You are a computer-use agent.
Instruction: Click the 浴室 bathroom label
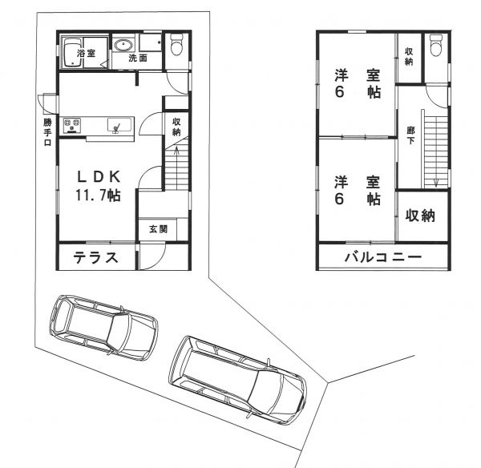(x=86, y=53)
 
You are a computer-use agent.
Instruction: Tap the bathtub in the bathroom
(x=72, y=52)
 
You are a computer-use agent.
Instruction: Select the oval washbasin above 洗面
(x=123, y=46)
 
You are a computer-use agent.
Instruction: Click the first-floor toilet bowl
(x=176, y=45)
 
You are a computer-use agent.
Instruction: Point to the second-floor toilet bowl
(x=436, y=46)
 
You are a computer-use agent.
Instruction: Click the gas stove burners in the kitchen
(x=72, y=126)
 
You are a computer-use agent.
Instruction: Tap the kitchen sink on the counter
(x=119, y=125)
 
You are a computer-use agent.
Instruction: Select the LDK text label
(x=98, y=176)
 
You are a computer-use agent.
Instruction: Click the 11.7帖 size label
(x=98, y=196)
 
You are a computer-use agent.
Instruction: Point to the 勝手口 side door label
(x=47, y=132)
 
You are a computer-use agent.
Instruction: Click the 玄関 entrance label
(x=158, y=229)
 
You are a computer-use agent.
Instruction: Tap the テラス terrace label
(x=96, y=257)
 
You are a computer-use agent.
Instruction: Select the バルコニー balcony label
(x=383, y=257)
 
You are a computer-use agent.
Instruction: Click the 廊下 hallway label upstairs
(x=410, y=135)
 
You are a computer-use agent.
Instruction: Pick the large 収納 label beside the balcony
(x=420, y=216)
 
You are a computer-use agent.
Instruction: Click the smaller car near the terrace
(x=103, y=327)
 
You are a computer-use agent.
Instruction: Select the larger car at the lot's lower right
(x=238, y=381)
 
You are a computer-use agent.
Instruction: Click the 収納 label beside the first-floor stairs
(x=176, y=127)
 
